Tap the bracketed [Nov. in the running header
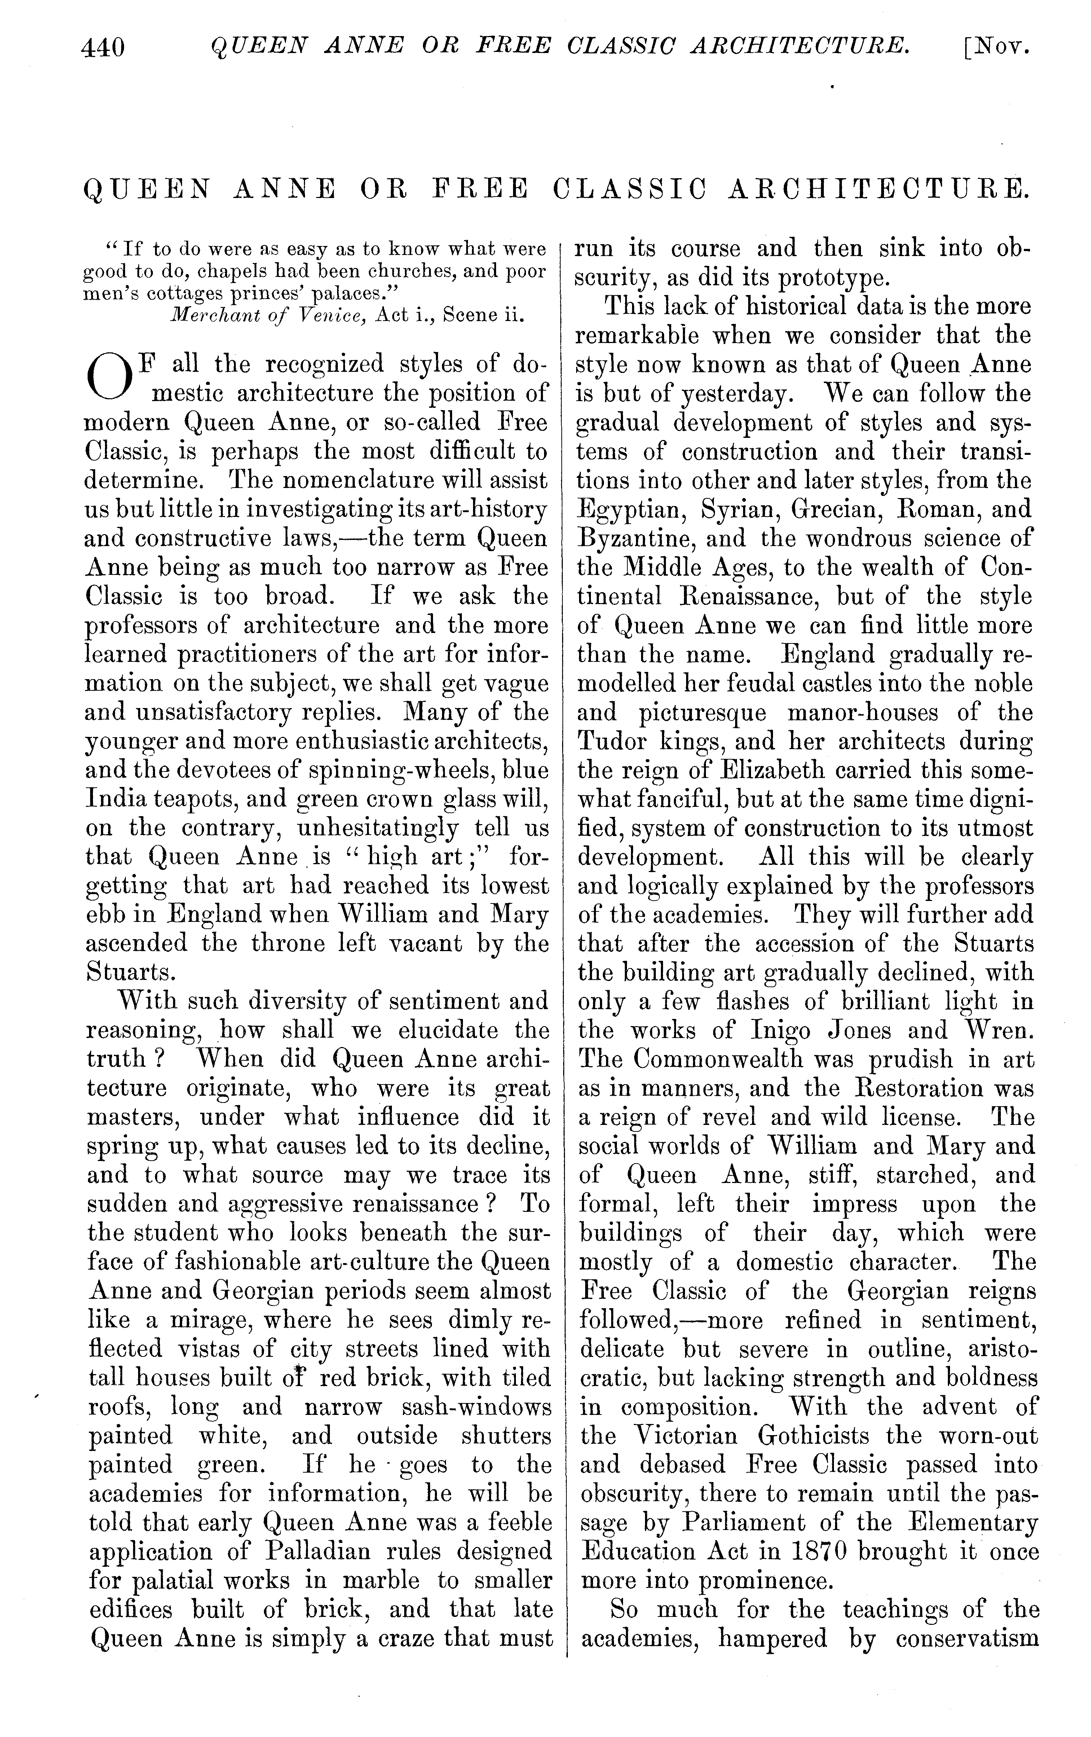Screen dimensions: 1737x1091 pos(997,48)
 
